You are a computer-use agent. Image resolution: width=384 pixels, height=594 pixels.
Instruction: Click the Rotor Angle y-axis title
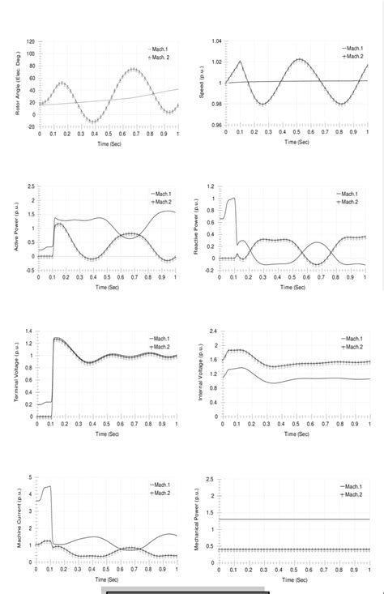(18, 84)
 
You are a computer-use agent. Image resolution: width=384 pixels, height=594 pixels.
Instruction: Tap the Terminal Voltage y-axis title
(16, 374)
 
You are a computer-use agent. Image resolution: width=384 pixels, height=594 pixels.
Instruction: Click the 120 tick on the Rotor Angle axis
(30, 41)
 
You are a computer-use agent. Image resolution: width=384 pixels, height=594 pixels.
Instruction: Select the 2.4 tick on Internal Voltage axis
(214, 331)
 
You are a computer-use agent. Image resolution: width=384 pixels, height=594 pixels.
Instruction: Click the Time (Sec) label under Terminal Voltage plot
(108, 434)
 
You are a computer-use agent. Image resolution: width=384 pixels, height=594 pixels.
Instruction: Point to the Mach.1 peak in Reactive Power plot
(233, 198)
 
